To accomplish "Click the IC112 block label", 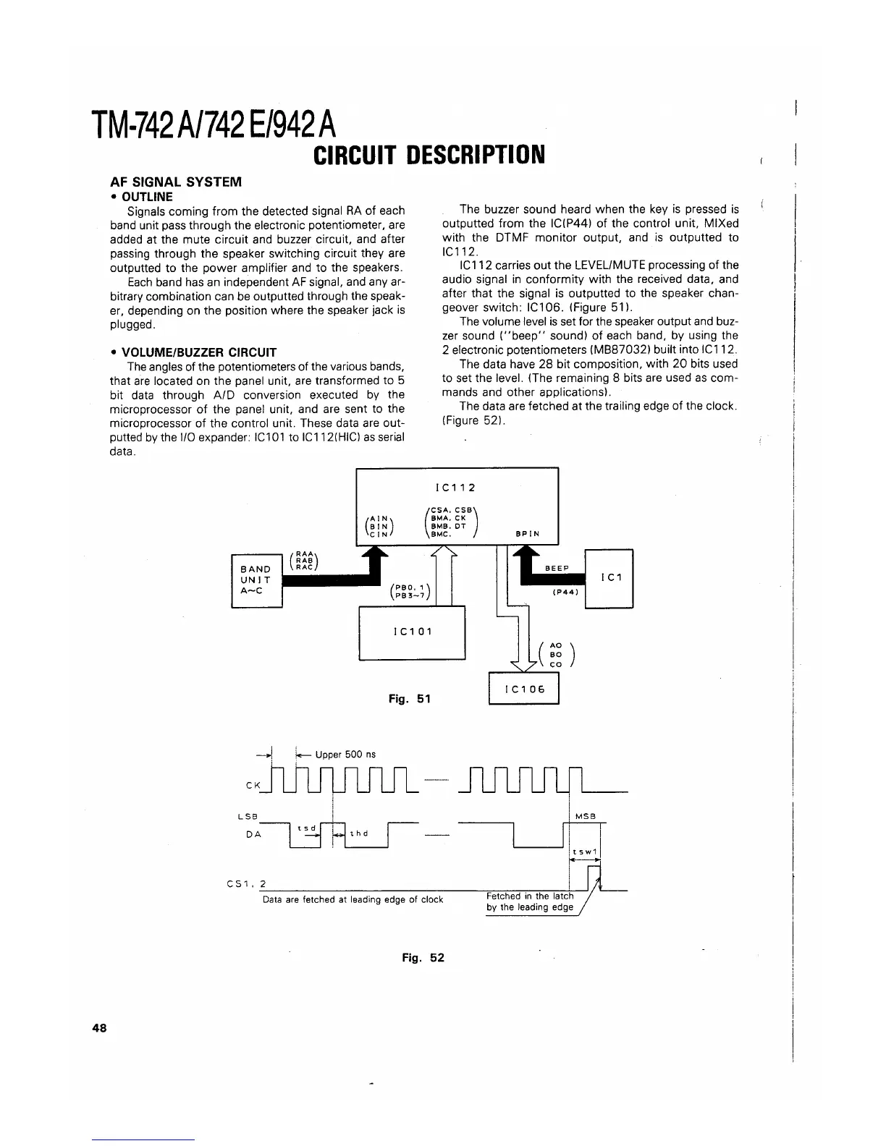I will pyautogui.click(x=457, y=488).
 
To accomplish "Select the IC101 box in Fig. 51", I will pyautogui.click(x=412, y=632).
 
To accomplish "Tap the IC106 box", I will pyautogui.click(x=524, y=689).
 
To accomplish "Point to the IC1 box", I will pyautogui.click(x=609, y=579).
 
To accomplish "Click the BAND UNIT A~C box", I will pyautogui.click(x=256, y=580).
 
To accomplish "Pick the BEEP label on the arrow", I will pyautogui.click(x=557, y=568).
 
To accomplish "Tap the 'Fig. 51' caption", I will pyautogui.click(x=410, y=698).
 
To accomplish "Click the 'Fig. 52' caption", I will pyautogui.click(x=423, y=957).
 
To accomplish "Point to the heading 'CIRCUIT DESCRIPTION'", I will pyautogui.click(x=428, y=154).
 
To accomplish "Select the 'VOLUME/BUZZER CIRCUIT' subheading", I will pyautogui.click(x=198, y=352).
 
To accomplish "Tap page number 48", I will pyautogui.click(x=100, y=1027).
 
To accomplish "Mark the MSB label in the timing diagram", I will pyautogui.click(x=584, y=816).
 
